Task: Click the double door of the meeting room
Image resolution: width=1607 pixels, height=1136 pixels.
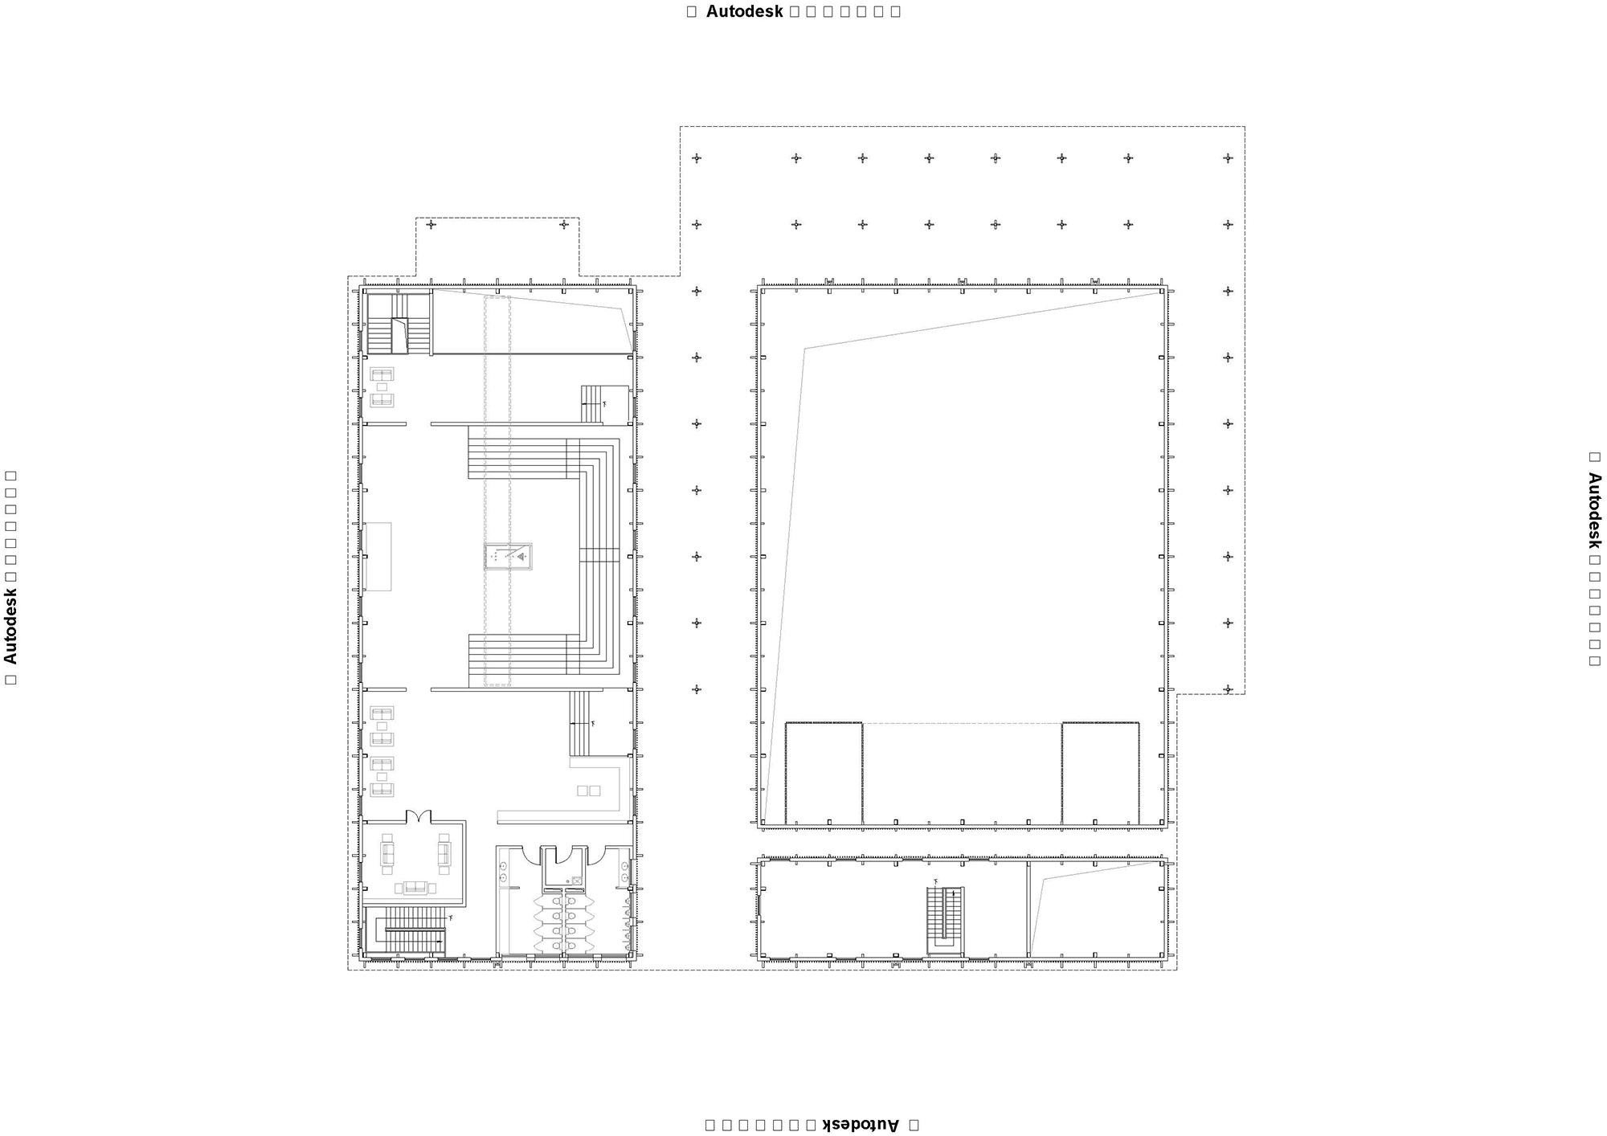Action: pos(419,817)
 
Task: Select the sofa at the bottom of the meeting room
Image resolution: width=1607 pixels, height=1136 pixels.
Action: pos(415,887)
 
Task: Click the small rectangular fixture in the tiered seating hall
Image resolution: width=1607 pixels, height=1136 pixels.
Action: pos(509,556)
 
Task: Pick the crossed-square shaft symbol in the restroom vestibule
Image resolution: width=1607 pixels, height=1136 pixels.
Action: pos(576,881)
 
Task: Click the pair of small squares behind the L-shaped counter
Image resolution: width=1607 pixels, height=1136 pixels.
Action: pos(589,791)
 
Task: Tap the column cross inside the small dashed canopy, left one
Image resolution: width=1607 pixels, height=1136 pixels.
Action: pos(431,224)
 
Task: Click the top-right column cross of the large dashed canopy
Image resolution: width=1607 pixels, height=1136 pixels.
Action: pos(1227,158)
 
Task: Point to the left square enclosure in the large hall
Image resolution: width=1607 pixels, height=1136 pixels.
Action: pos(824,773)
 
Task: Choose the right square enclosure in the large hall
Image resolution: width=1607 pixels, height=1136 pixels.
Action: pos(1100,773)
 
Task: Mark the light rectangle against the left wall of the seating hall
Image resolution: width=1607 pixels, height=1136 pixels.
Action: pos(378,556)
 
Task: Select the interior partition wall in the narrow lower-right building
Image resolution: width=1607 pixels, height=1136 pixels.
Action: pos(1028,909)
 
